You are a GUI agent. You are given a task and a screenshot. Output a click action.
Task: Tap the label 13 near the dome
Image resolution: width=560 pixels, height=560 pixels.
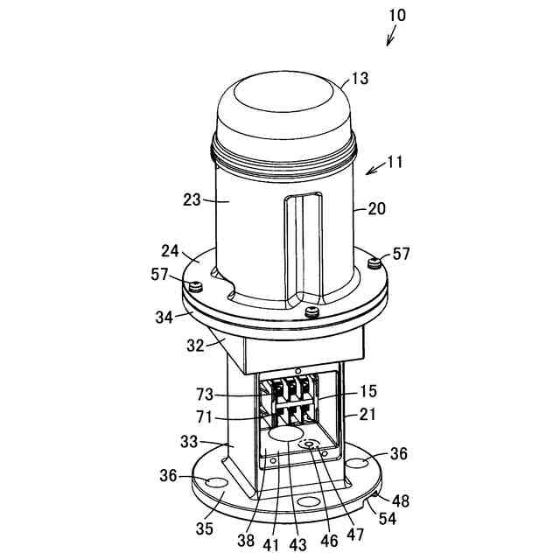[360, 78]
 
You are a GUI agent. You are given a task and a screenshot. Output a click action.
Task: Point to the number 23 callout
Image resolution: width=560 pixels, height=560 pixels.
[192, 199]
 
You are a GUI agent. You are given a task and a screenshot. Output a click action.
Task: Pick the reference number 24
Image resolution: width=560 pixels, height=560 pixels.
[170, 250]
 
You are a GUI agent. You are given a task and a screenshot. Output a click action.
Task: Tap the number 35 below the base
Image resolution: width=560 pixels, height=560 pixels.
[205, 529]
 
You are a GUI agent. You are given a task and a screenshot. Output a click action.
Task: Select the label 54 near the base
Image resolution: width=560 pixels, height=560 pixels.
[385, 520]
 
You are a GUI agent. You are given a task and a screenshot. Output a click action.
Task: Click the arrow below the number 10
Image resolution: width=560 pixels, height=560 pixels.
[391, 36]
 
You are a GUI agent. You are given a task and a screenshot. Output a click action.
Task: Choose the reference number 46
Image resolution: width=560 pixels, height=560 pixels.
[328, 541]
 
